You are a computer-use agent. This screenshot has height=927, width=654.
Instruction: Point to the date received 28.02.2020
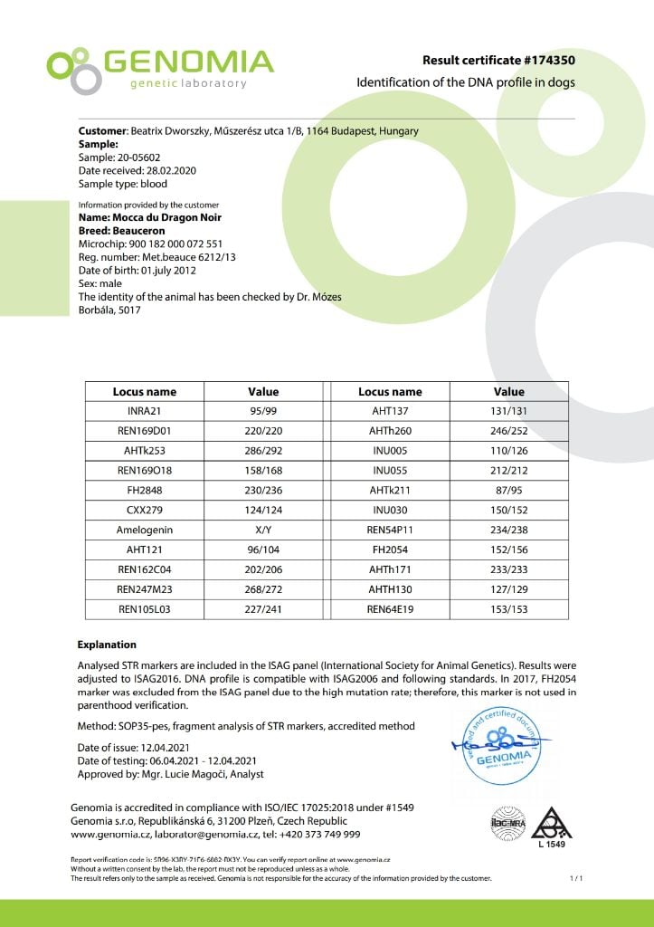(x=164, y=170)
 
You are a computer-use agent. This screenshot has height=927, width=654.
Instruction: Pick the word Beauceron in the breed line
(x=139, y=231)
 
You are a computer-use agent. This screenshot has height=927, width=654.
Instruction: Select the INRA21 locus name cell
(x=145, y=412)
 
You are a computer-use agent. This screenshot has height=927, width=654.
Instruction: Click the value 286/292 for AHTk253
(x=263, y=450)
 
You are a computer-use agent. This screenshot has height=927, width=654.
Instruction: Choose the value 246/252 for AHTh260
(x=508, y=431)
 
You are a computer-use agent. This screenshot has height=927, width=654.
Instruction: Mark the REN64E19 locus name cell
(x=390, y=609)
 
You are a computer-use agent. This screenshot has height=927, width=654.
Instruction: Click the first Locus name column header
(x=145, y=392)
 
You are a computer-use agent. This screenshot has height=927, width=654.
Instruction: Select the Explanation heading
(x=107, y=645)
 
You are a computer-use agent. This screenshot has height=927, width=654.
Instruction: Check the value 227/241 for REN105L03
(x=263, y=609)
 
